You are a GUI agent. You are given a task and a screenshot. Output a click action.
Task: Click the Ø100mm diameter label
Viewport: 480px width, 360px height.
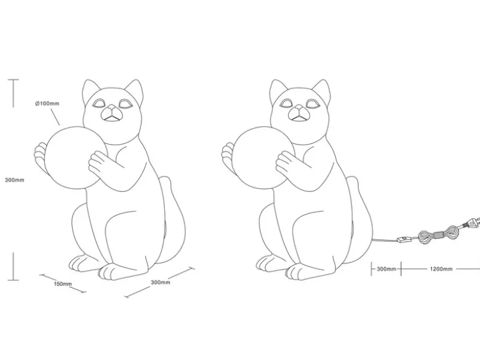pyautogui.click(x=47, y=103)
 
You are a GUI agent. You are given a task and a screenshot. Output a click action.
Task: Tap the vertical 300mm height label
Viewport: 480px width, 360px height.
pyautogui.click(x=14, y=180)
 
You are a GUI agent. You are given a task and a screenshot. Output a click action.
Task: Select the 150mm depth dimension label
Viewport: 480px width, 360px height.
pyautogui.click(x=63, y=284)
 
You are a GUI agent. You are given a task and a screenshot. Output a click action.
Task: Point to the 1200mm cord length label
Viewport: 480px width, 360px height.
pyautogui.click(x=441, y=269)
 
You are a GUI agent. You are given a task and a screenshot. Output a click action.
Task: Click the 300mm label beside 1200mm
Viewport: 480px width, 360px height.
pyautogui.click(x=386, y=269)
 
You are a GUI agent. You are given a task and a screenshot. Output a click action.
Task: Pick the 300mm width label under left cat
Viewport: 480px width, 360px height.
pyautogui.click(x=161, y=282)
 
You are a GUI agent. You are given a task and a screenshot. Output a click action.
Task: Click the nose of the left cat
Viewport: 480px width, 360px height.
pyautogui.click(x=112, y=108)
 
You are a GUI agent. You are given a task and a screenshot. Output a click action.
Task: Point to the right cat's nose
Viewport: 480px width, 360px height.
pyautogui.click(x=299, y=108)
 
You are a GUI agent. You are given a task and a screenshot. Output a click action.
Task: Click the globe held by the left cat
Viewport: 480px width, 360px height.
pyautogui.click(x=76, y=158)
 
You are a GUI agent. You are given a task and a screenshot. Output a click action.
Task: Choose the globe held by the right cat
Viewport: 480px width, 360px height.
pyautogui.click(x=263, y=158)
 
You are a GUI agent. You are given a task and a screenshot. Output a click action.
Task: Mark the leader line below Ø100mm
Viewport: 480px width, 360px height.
pyautogui.click(x=55, y=118)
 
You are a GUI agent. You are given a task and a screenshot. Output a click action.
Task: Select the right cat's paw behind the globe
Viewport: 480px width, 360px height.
pyautogui.click(x=226, y=156)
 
